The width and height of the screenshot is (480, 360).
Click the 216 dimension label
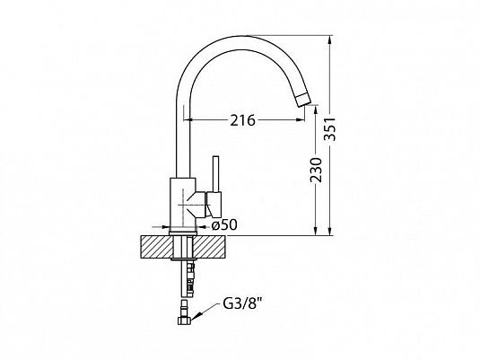point(242,120)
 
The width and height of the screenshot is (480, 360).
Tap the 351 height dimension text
point(330,129)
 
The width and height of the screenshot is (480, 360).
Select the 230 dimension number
point(316,170)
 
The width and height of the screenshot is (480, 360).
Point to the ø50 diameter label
point(224,225)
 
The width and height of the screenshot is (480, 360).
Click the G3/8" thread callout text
point(244,304)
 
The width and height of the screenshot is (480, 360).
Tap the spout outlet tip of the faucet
point(303,101)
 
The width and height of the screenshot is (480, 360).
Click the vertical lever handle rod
point(216,174)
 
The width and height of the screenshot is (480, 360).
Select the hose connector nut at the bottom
point(184,320)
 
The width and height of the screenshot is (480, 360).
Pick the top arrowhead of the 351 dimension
point(329,40)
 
